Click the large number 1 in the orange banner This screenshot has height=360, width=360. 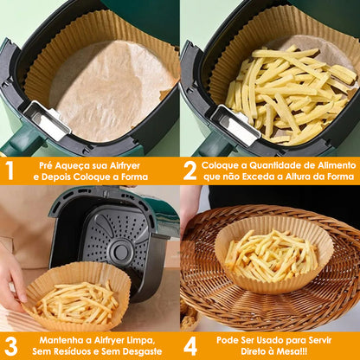pos(10,170)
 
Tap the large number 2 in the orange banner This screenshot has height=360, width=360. pos(190,170)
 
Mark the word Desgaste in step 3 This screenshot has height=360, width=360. pos(132,352)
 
